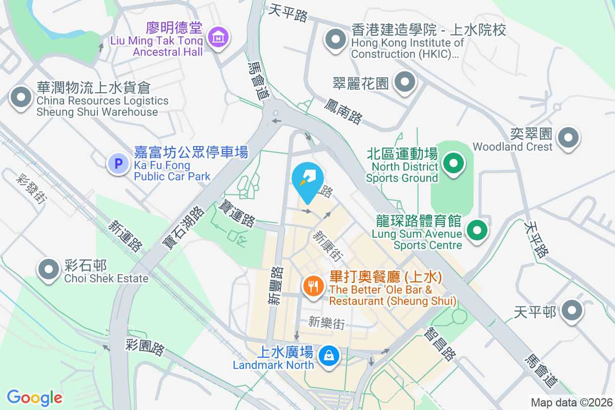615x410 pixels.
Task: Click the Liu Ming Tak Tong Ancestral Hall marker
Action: [x=219, y=37]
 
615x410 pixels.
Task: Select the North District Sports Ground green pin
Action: [x=453, y=163]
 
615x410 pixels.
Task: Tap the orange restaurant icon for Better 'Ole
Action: [x=312, y=285]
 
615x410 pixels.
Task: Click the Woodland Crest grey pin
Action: [x=568, y=137]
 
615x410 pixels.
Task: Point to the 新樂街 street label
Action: [x=326, y=323]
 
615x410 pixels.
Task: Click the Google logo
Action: [x=35, y=397]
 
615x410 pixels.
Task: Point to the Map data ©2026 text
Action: [x=571, y=402]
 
